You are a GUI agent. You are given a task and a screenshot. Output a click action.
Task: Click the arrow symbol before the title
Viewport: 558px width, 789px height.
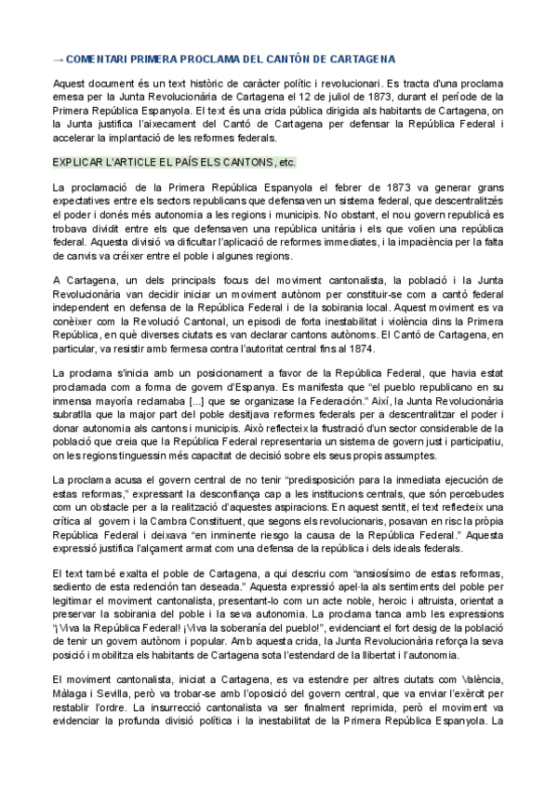click(59, 59)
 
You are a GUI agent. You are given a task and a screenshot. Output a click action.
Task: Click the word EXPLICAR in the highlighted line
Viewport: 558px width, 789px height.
click(79, 162)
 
